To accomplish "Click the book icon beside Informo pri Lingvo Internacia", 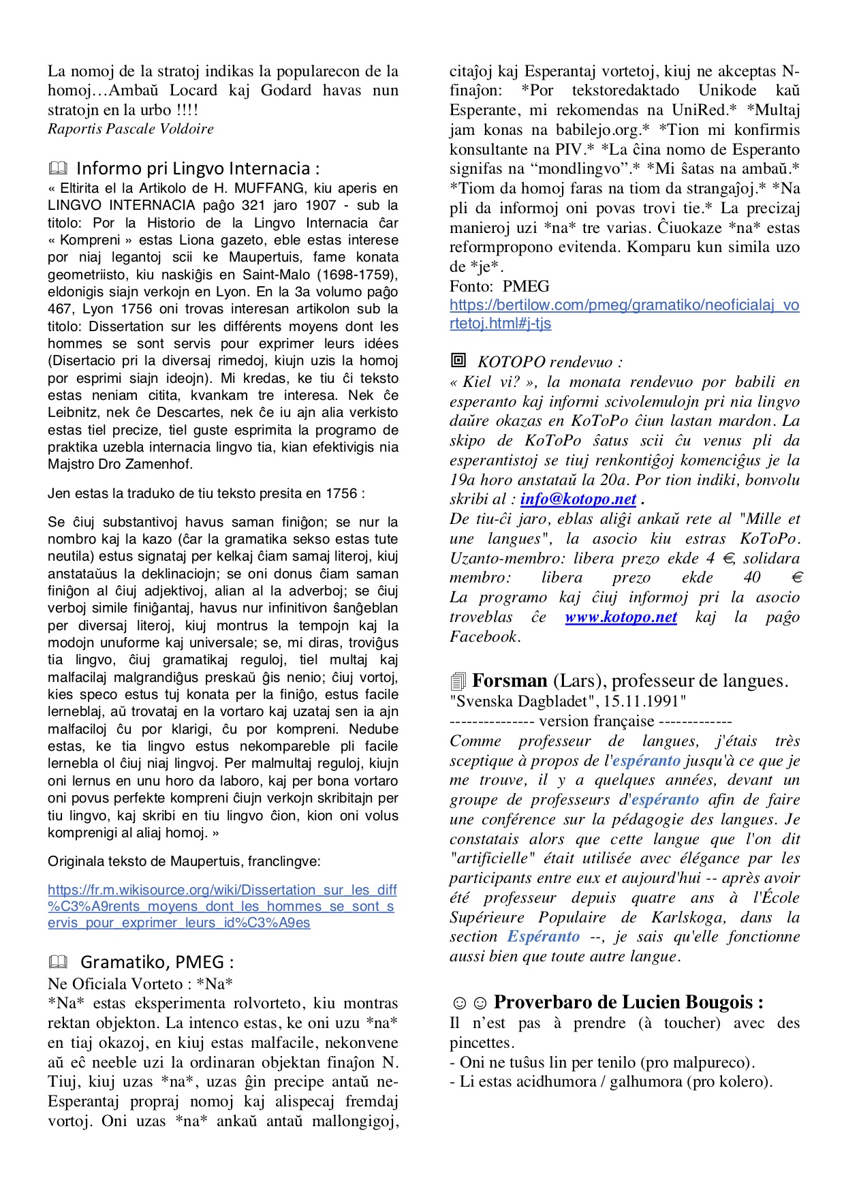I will coord(59,168).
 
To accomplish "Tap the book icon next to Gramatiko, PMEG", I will coord(59,962).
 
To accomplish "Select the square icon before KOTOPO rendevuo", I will coord(458,360).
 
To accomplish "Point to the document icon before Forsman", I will coord(458,681).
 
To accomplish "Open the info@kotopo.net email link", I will coord(578,499).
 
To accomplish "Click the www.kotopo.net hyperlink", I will coord(621,617).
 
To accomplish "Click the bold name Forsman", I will coord(510,681).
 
